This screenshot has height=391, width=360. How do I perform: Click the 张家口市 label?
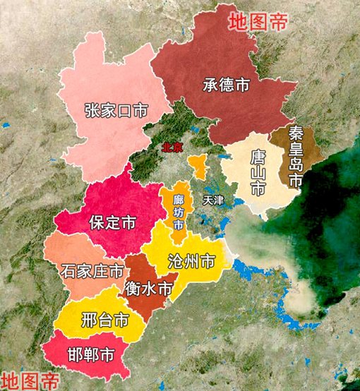116,111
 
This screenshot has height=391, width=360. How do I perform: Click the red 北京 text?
173,148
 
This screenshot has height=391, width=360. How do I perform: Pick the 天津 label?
212,201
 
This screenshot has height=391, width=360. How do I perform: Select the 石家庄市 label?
92,270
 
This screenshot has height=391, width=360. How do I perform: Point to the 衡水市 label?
148,289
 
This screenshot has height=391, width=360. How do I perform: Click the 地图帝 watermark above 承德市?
258,20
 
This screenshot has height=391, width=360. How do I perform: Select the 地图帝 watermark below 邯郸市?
30,380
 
